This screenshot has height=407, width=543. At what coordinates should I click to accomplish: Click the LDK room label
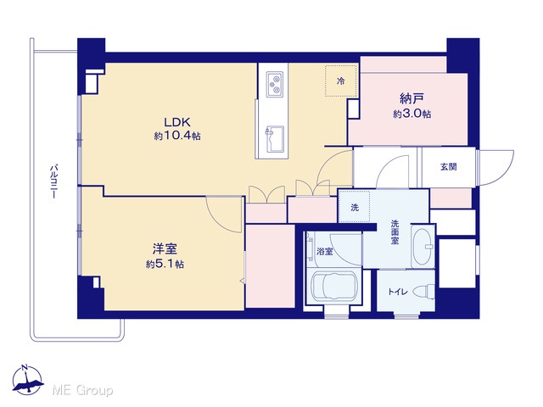(177, 122)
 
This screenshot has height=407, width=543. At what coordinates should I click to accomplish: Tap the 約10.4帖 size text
(177, 136)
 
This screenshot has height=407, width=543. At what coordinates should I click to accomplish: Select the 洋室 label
(165, 249)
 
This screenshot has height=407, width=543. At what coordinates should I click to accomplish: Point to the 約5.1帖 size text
(165, 265)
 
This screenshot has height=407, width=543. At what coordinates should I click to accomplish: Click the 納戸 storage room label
(411, 99)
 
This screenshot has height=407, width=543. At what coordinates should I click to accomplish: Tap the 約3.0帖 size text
(411, 114)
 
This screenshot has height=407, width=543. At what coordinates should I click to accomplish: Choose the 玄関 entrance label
(449, 167)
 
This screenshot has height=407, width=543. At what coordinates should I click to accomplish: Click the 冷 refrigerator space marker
(341, 81)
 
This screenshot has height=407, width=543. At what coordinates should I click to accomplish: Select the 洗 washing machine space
(355, 207)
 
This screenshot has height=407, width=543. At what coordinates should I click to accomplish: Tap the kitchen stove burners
(275, 84)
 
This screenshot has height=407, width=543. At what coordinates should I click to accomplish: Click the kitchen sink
(275, 139)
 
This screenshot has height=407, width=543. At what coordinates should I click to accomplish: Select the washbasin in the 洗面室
(423, 247)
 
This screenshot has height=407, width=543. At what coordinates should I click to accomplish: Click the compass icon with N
(27, 380)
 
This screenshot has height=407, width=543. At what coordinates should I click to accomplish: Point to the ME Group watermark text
(83, 390)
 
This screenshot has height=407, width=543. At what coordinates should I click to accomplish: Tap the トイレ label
(398, 292)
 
